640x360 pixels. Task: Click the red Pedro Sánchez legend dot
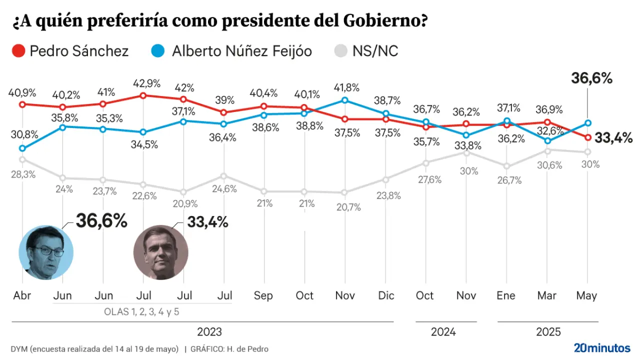point(18,50)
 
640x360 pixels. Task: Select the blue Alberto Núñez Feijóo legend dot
point(157,50)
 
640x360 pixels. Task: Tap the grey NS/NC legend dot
point(340,50)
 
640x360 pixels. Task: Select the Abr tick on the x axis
point(22,295)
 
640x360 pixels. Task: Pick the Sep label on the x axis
point(263,295)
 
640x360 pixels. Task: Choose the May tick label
point(586,295)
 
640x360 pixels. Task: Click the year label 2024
point(443,331)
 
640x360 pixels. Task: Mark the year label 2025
point(548,331)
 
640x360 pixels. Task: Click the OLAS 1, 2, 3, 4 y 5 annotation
point(141,311)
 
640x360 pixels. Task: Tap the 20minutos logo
point(602,347)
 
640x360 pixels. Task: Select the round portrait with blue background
point(46,252)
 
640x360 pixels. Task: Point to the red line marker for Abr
point(22,104)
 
